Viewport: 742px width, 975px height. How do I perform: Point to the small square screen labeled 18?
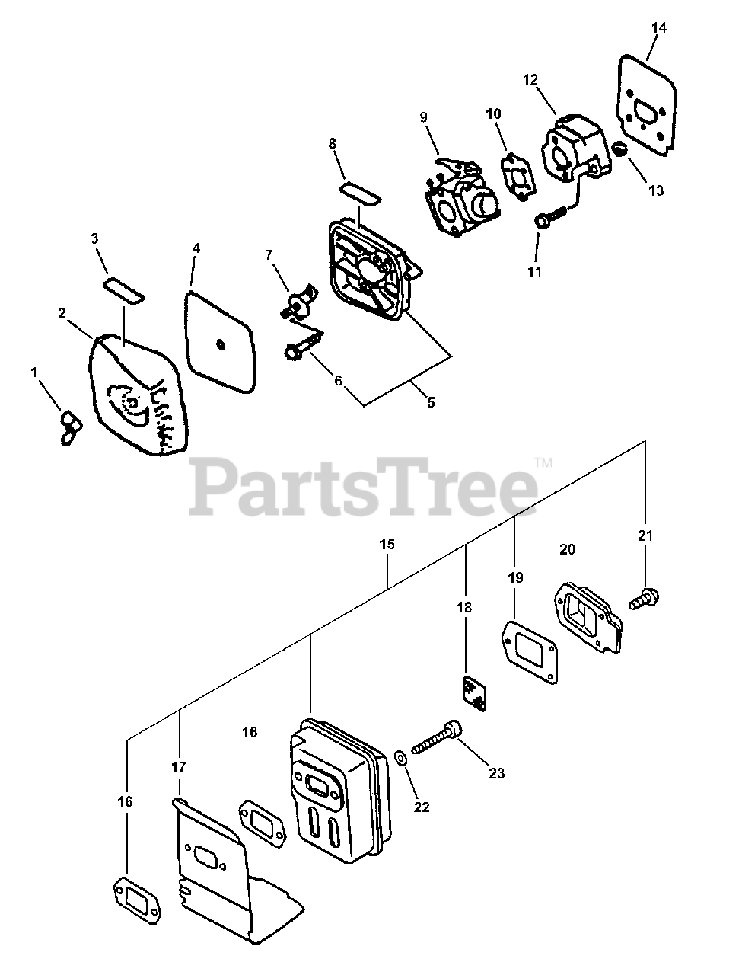pyautogui.click(x=474, y=692)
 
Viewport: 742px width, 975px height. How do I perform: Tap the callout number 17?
pyautogui.click(x=179, y=767)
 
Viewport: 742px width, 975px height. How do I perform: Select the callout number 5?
pyautogui.click(x=431, y=403)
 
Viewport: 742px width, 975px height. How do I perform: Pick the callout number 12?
pyautogui.click(x=530, y=79)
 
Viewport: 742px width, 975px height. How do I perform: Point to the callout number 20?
pyautogui.click(x=568, y=549)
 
